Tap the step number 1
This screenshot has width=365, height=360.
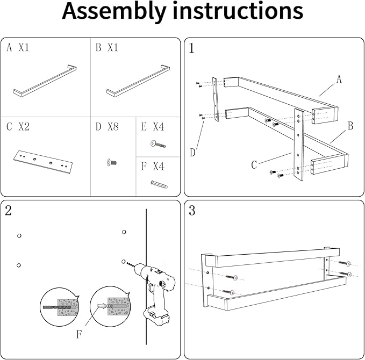tap(192, 48)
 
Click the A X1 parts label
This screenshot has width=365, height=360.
tap(18, 48)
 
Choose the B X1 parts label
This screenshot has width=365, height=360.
tap(106, 48)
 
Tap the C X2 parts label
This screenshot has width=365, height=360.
tap(18, 127)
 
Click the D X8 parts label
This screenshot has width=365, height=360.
tap(106, 127)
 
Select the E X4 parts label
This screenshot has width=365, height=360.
tap(152, 127)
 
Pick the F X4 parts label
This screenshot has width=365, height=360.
tap(152, 167)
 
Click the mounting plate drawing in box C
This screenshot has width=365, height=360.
tap(41, 160)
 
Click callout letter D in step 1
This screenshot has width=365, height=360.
tap(192, 152)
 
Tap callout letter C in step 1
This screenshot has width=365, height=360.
tap(254, 165)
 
